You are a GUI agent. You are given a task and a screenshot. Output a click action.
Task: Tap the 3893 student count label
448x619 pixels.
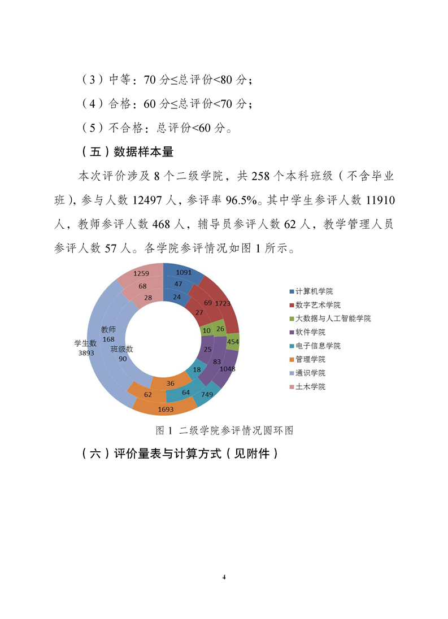(86, 352)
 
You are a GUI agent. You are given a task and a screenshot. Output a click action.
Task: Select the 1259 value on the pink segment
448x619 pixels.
(141, 274)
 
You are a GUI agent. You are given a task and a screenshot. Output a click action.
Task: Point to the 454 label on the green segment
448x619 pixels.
(232, 342)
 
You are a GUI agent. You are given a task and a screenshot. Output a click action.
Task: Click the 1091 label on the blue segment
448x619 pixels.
(184, 273)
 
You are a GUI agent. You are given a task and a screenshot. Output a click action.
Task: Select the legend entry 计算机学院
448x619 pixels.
(314, 291)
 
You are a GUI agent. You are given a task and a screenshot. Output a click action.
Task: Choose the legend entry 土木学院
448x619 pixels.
(310, 387)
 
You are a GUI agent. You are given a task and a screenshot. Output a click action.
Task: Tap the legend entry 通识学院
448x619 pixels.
(310, 373)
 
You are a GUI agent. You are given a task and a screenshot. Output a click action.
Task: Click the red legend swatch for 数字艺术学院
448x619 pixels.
(292, 305)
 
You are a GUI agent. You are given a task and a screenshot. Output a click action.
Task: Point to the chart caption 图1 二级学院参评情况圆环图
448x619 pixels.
(224, 430)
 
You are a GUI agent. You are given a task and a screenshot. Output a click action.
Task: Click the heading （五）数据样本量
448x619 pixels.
(127, 151)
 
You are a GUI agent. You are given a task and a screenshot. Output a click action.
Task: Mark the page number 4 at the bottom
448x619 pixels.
(224, 577)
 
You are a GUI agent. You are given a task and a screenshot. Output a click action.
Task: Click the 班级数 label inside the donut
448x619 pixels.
(121, 348)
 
